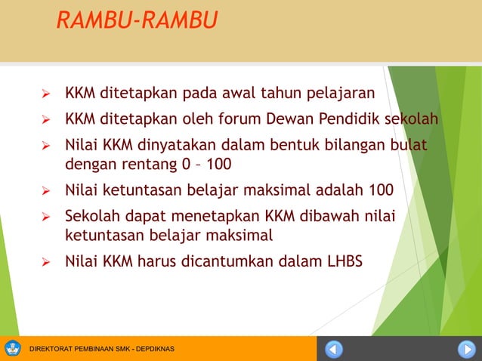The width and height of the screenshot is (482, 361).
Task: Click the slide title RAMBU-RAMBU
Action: (136, 20)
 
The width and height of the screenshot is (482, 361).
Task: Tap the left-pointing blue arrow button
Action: (334, 349)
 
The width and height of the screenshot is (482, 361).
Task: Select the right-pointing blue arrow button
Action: (465, 349)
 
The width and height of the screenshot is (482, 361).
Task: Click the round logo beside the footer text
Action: (14, 348)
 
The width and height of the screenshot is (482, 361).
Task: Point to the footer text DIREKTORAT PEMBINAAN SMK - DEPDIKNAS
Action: (101, 349)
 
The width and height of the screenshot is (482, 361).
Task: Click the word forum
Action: (253, 119)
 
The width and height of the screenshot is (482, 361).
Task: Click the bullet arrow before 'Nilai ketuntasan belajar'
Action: (46, 190)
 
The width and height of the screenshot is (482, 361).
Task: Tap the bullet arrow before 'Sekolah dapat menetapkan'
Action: (46, 216)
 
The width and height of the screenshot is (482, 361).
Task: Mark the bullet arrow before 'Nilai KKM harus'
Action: (46, 263)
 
